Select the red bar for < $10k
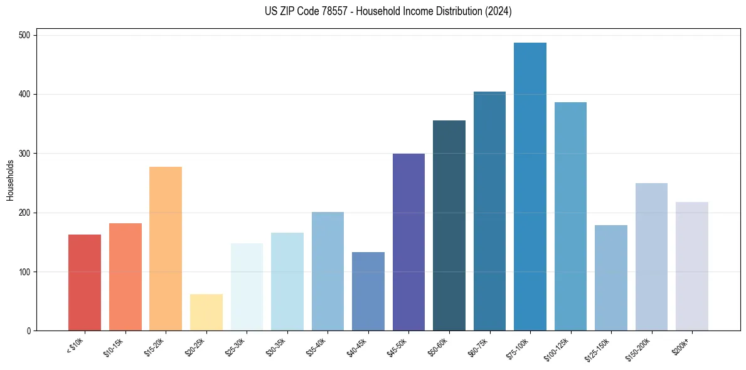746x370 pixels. [85, 283]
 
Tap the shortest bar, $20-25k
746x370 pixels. [206, 312]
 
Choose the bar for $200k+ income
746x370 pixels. [692, 267]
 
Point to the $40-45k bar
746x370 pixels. [368, 292]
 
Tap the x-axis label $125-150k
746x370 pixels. [599, 349]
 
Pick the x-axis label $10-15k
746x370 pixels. [114, 347]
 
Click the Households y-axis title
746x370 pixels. [11, 180]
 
